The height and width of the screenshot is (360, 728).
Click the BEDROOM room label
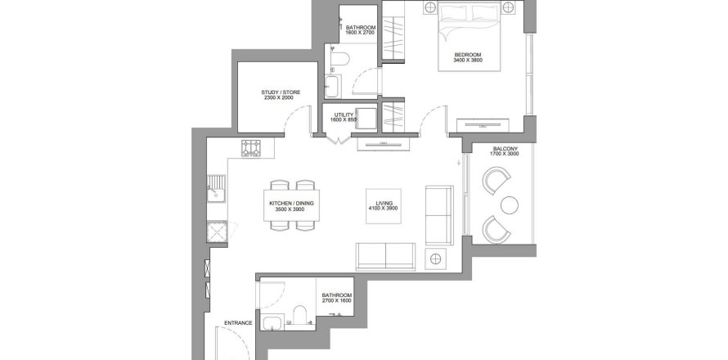pos(468,54)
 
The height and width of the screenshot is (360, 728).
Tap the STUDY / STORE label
pos(281,92)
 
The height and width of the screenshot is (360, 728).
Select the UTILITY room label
pos(344,115)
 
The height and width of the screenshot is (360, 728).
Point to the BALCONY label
pos(506,149)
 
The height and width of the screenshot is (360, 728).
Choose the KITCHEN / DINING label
pos(291,204)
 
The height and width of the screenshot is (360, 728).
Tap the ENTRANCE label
pos(238,323)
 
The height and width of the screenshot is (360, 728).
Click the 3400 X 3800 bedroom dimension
pos(468,60)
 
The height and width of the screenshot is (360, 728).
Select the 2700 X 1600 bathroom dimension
pos(337,300)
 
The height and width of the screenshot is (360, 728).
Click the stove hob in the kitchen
pos(251,148)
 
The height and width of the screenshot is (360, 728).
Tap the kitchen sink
pos(217,190)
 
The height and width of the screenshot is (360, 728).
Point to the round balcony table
pos(510,205)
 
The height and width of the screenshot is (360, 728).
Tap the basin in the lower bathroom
pos(271,322)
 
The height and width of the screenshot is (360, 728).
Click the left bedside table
pos(430,7)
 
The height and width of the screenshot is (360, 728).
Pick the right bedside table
pos(509,7)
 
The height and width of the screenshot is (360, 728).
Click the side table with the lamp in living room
pos(435,259)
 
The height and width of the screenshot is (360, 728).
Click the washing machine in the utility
pos(366,119)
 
